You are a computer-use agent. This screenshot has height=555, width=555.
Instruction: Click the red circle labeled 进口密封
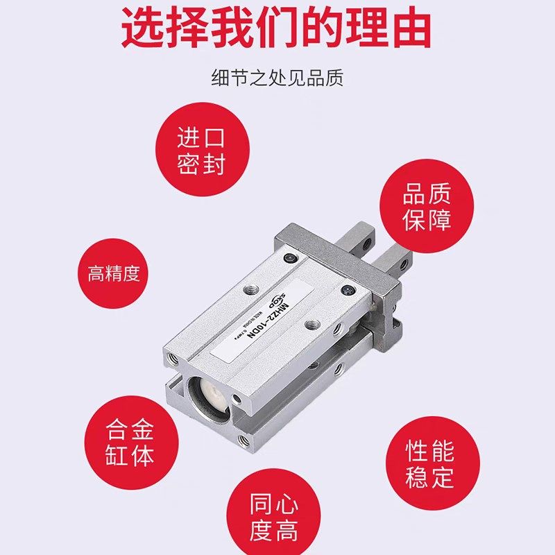(201, 149)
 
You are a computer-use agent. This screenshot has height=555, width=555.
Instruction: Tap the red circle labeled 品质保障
(427, 206)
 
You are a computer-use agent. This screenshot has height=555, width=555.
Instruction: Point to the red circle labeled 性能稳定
(430, 463)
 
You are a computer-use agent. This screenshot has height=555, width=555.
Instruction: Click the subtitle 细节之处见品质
(277, 78)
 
